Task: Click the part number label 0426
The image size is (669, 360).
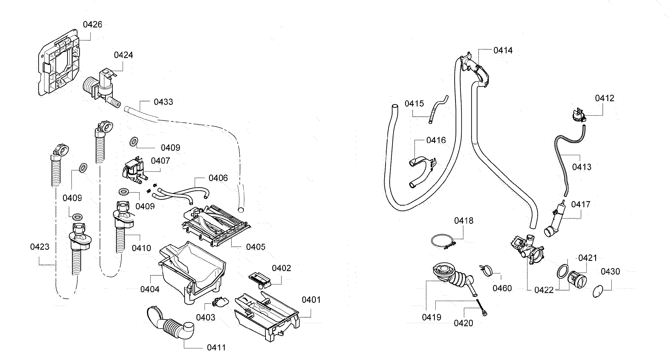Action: [x=92, y=24]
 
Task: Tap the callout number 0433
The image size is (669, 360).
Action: [x=163, y=102]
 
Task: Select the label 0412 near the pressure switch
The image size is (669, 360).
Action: [x=604, y=98]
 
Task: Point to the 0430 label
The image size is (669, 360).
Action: [x=610, y=272]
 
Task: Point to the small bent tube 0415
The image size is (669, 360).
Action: [x=437, y=108]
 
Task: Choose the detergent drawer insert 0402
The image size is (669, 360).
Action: [x=260, y=279]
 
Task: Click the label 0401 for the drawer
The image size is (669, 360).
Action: [x=311, y=300]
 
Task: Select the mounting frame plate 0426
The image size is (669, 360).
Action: [x=60, y=62]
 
